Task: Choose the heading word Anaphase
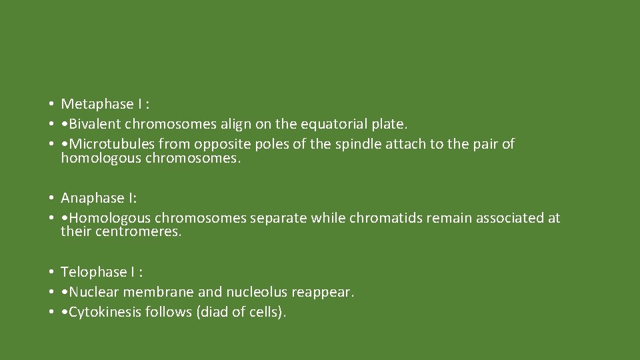tap(87, 198)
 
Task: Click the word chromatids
tap(384, 218)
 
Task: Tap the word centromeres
tap(138, 232)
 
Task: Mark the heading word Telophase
tap(89, 272)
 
